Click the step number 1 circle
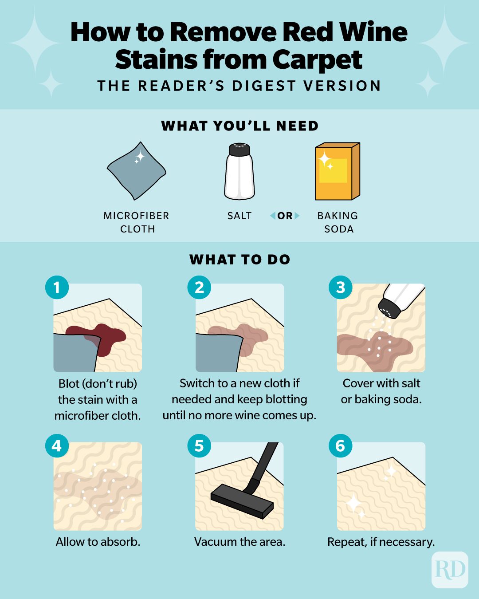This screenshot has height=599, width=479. (x=57, y=287)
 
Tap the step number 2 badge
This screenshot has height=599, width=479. (x=200, y=287)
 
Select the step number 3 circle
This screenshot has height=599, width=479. (x=341, y=287)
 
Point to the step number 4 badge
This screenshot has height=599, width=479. (x=57, y=445)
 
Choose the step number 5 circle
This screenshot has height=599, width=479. (x=200, y=445)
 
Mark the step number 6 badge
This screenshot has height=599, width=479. (x=341, y=445)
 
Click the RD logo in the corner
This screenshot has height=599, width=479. (x=450, y=570)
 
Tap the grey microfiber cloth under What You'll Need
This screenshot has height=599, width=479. (x=137, y=171)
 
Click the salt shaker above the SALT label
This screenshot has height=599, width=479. (x=239, y=171)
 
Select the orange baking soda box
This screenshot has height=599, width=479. (x=337, y=171)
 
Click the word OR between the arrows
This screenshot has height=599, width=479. (x=285, y=216)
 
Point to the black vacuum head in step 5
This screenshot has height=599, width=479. (x=242, y=500)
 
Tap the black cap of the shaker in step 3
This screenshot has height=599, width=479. (x=389, y=307)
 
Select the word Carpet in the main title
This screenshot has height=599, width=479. (x=318, y=59)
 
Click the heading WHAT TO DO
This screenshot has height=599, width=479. (x=239, y=260)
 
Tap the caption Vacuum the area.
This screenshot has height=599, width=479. (x=239, y=542)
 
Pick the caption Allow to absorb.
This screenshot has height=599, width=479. (x=98, y=542)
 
